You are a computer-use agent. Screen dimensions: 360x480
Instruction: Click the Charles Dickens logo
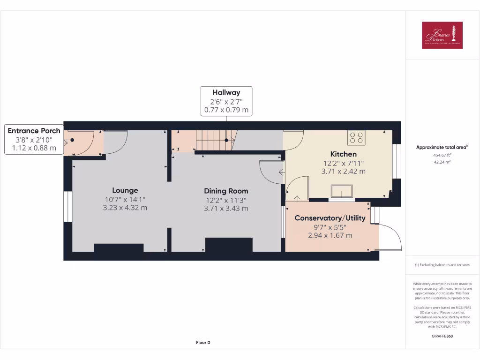point(442,35)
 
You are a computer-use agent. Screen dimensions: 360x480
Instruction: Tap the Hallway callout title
point(226,92)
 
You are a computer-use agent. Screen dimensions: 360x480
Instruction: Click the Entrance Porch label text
point(34,131)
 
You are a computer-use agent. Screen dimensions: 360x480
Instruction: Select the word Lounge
point(125,190)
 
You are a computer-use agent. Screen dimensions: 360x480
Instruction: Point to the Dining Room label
point(226,191)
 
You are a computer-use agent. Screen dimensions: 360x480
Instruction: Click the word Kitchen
point(344,154)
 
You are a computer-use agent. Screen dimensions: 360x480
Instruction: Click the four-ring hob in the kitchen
point(356,138)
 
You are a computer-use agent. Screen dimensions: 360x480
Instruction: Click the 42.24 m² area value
point(442,162)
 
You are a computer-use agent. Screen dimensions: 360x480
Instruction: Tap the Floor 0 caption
point(203,343)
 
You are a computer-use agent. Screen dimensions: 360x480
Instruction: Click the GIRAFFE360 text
point(442,336)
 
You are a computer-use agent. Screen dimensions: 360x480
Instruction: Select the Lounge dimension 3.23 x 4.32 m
point(125,208)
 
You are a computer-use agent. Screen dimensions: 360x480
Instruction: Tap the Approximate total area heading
point(442,147)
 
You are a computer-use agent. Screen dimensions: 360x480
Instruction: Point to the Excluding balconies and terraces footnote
point(442,265)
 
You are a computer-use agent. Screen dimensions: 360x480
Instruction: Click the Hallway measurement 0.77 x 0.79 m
point(226,111)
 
